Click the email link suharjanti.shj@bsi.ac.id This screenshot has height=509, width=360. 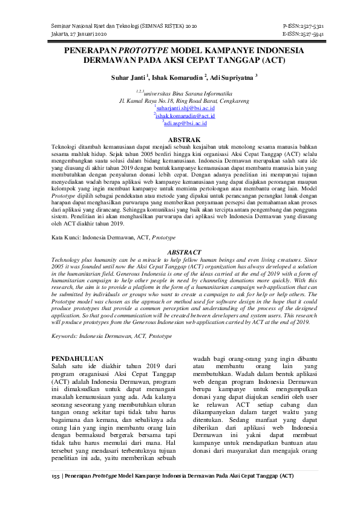point(182,108)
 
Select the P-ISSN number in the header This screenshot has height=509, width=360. point(303,28)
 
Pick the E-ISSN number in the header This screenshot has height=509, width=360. point(303,35)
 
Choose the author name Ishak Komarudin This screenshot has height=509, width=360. point(177,77)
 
